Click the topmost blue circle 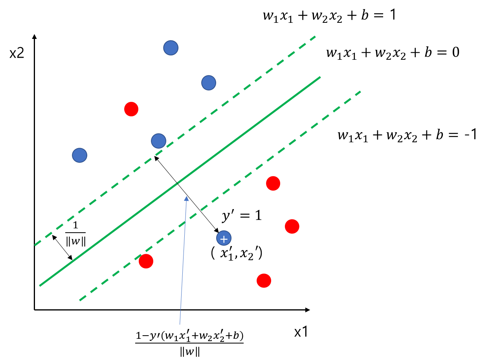tap(171, 48)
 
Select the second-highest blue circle tap(209, 83)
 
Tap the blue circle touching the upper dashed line tap(159, 141)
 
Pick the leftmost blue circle tap(79, 155)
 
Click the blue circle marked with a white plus tap(224, 238)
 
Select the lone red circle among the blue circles tap(131, 109)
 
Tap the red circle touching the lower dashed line tap(146, 261)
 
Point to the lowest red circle tap(264, 281)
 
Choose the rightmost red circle tap(292, 226)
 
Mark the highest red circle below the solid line tap(273, 184)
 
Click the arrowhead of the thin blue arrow tap(186, 198)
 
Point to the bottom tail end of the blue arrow tap(180, 324)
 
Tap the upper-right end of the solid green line tap(320, 77)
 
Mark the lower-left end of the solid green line tap(40, 286)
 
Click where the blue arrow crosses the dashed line tap(185, 223)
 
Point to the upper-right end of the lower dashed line tap(360, 92)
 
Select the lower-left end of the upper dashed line tap(35, 245)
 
